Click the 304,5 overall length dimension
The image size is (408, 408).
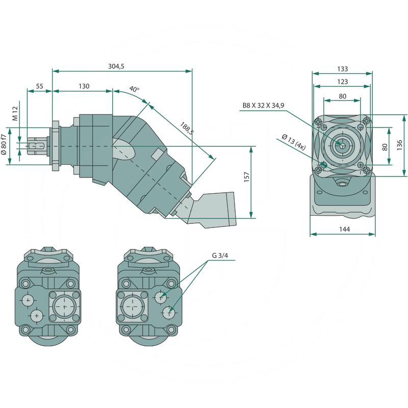click(x=116, y=66)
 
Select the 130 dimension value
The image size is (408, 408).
click(x=84, y=86)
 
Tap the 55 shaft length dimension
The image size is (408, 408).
click(x=39, y=86)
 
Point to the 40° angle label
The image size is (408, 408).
click(x=134, y=89)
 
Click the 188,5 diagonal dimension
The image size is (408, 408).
click(x=187, y=128)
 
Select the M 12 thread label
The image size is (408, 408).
click(x=15, y=113)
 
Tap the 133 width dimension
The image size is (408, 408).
click(x=342, y=69)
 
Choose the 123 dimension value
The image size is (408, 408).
click(x=342, y=82)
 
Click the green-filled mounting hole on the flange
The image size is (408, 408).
click(x=323, y=165)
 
